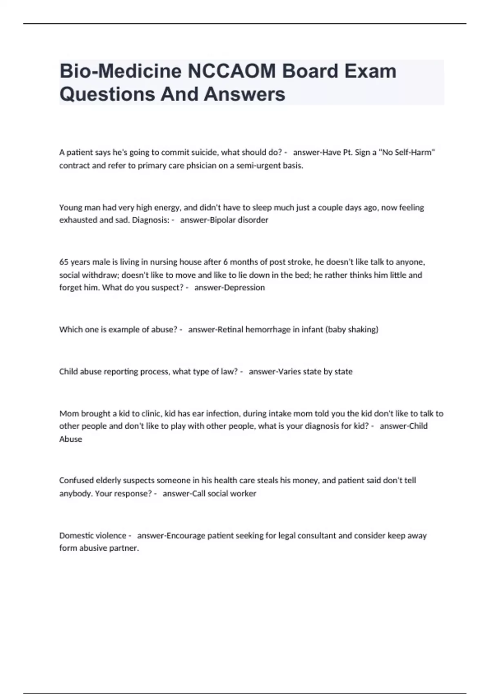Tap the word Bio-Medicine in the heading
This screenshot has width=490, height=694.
tap(121, 71)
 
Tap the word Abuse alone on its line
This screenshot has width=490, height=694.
tap(71, 439)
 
